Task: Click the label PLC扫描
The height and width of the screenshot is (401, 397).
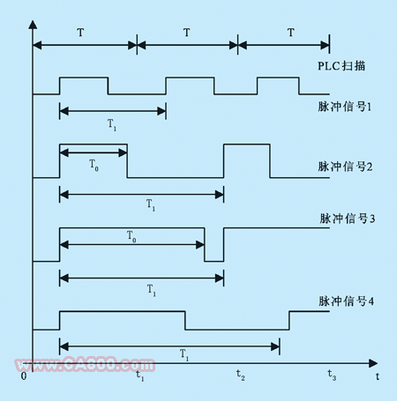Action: [341, 66]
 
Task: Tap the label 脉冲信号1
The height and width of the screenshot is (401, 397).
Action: [345, 107]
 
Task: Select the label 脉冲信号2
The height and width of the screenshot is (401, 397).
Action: [345, 167]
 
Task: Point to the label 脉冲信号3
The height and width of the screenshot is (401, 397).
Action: [348, 219]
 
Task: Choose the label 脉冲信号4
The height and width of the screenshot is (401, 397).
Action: [347, 301]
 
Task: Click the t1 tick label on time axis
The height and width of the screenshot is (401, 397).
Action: [140, 375]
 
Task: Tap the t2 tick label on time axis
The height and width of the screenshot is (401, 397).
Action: [241, 375]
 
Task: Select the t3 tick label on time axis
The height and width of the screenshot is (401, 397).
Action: [332, 375]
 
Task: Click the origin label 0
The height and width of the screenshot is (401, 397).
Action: [24, 376]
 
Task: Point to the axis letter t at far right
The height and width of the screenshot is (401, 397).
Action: [378, 376]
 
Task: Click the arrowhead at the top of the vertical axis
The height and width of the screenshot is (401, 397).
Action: [33, 25]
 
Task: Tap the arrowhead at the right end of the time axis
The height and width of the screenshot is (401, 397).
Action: [373, 363]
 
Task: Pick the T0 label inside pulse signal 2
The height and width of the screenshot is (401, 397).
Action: [94, 165]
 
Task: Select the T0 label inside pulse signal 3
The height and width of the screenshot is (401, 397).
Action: [131, 236]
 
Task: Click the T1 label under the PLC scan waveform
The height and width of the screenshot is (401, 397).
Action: [112, 124]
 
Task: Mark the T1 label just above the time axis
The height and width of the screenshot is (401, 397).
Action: [184, 354]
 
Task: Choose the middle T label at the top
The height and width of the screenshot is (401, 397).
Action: [186, 33]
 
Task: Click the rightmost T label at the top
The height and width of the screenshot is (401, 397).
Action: [291, 33]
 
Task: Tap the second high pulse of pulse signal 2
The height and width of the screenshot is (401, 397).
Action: [247, 145]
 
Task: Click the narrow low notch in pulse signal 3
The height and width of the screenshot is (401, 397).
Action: [214, 261]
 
